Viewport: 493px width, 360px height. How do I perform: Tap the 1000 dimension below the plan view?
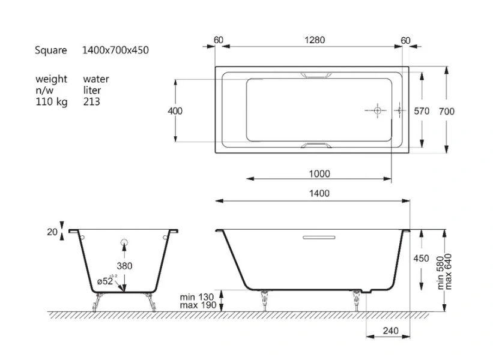[x=319, y=174]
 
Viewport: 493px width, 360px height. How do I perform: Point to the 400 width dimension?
[x=175, y=111]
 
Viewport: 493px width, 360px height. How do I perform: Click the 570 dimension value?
[x=422, y=111]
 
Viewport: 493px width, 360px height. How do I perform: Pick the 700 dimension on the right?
[x=447, y=111]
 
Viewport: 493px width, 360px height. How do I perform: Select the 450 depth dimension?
[x=422, y=259]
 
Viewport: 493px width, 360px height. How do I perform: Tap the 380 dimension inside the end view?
[x=125, y=266]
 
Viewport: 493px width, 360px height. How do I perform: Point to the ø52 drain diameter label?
[x=106, y=281]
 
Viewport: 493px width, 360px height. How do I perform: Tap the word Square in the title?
[x=51, y=50]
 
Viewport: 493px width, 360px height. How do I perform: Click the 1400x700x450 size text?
[x=115, y=50]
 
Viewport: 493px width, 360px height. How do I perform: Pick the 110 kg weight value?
[x=51, y=102]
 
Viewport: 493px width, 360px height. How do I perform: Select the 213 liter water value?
[x=92, y=102]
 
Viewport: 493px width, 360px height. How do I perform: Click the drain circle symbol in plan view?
[x=377, y=111]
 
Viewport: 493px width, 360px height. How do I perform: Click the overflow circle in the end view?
[x=124, y=242]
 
